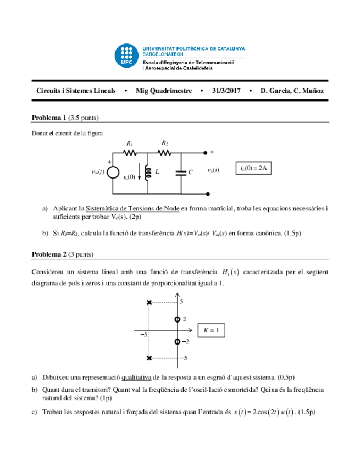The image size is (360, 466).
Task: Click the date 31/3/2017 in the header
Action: [x=226, y=91]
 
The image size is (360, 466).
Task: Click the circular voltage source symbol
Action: [x=113, y=173]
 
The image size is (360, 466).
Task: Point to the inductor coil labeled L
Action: [x=148, y=171]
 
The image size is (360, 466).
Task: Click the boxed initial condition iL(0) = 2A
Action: [x=253, y=168]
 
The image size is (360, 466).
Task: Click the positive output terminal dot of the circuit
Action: [x=206, y=152]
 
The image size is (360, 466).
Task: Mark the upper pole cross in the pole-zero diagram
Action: [x=149, y=302]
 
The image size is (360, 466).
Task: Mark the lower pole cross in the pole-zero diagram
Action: [x=149, y=358]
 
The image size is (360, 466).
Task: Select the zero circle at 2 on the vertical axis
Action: [x=177, y=319]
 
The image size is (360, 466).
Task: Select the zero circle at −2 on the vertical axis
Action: [x=177, y=342]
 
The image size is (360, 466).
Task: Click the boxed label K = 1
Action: [x=211, y=330]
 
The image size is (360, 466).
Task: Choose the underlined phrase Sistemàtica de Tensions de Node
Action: [x=133, y=208]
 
